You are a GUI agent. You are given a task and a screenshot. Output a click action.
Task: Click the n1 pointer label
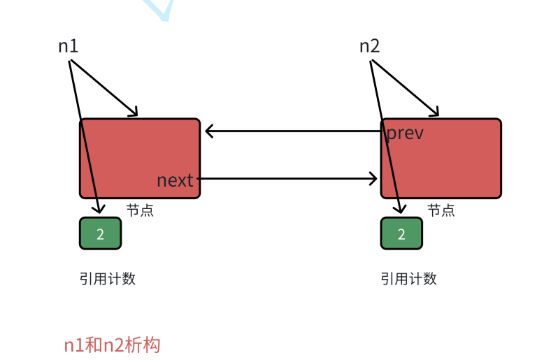(x=68, y=47)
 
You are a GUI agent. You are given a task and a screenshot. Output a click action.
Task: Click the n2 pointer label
(x=370, y=47)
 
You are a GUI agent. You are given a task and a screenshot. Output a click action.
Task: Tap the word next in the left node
(x=175, y=180)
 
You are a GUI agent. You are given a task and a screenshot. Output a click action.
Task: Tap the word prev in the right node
(x=405, y=133)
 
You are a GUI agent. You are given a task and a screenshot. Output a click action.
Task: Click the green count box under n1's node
(x=100, y=233)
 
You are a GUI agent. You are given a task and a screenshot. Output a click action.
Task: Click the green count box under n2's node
(x=401, y=233)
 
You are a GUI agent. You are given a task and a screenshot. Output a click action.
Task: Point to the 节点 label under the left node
(x=140, y=210)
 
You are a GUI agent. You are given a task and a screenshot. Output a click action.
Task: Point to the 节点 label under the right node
(x=441, y=210)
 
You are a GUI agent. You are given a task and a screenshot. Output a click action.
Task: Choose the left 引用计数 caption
(x=107, y=279)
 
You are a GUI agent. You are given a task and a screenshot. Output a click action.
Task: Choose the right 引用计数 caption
(x=408, y=279)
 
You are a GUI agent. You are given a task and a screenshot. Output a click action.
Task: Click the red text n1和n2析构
(x=112, y=345)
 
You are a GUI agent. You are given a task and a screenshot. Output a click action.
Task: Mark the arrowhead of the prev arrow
(x=210, y=131)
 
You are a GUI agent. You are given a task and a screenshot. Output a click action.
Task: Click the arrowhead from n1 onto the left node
(x=134, y=113)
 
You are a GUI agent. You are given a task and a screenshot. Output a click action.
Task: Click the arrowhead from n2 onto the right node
(x=435, y=113)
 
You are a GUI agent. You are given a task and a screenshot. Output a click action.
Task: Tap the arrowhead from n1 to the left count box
(x=101, y=208)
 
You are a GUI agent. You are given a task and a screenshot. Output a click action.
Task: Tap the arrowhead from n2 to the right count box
(x=401, y=208)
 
